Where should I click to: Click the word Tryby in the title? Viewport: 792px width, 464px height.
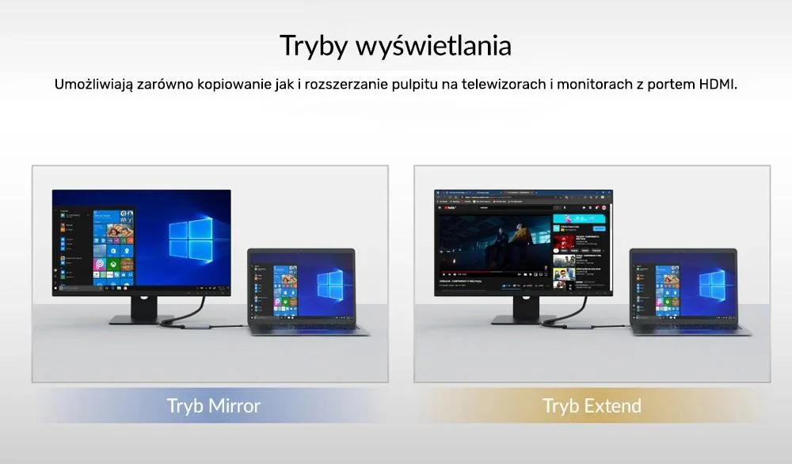tap(313, 45)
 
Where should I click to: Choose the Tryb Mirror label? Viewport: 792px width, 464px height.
tap(213, 406)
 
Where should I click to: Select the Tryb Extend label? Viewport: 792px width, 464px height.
tap(592, 406)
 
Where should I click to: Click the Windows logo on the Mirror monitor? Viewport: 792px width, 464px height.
tap(189, 238)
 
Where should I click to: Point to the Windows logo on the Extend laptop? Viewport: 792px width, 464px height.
tap(712, 283)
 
